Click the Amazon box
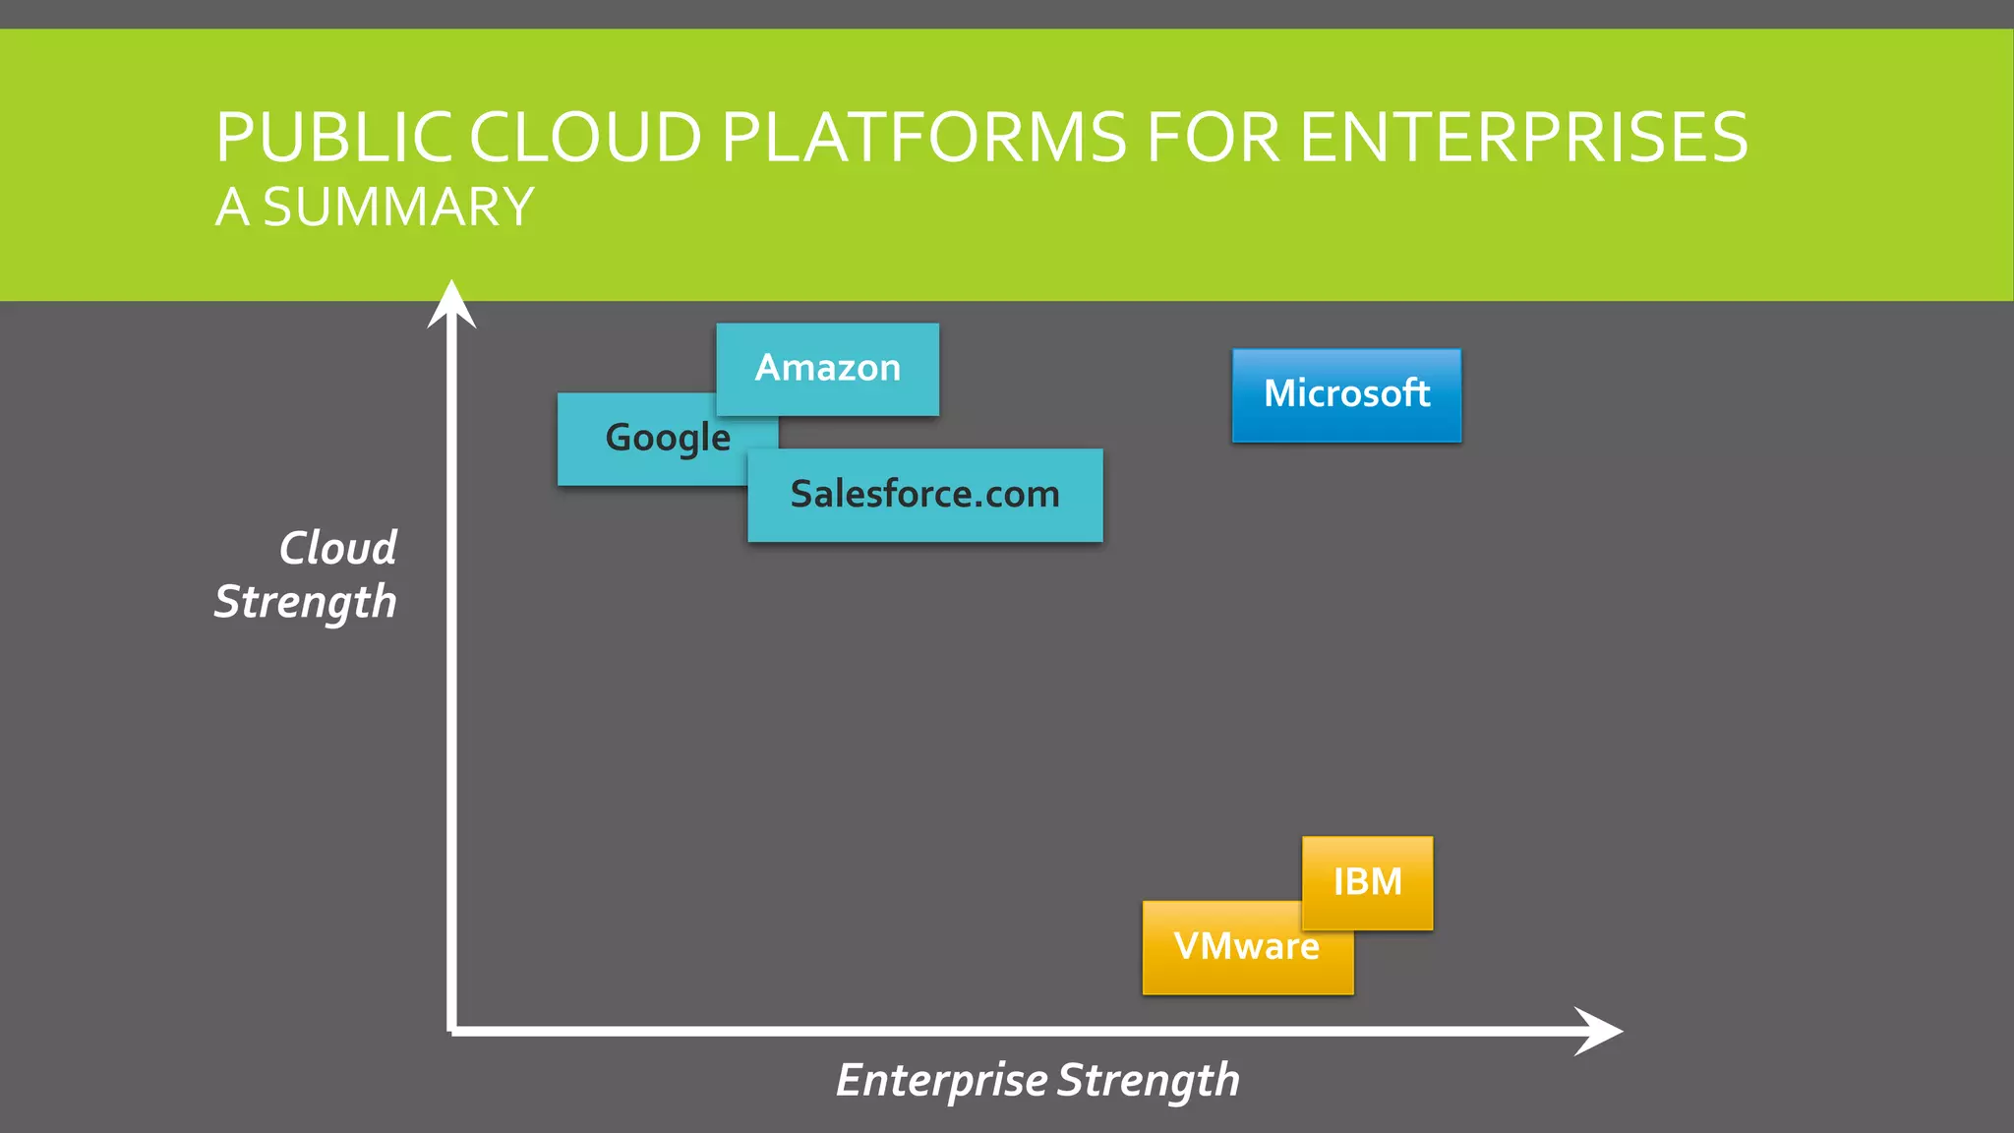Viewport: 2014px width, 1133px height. (x=827, y=369)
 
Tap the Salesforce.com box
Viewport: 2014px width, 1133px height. (x=924, y=495)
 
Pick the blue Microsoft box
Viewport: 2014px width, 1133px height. (x=1346, y=394)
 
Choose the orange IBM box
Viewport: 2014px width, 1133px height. (x=1367, y=881)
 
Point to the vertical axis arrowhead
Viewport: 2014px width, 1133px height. (x=451, y=301)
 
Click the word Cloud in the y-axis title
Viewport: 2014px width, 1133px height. (x=337, y=548)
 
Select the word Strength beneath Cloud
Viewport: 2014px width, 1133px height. (x=305, y=602)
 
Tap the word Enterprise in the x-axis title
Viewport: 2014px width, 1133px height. (x=941, y=1080)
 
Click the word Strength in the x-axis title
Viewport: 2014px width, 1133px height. (x=1148, y=1080)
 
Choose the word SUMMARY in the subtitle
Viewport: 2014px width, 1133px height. (x=398, y=208)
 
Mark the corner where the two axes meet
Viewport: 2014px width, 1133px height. (x=451, y=1031)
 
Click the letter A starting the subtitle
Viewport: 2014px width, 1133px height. (x=232, y=208)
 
